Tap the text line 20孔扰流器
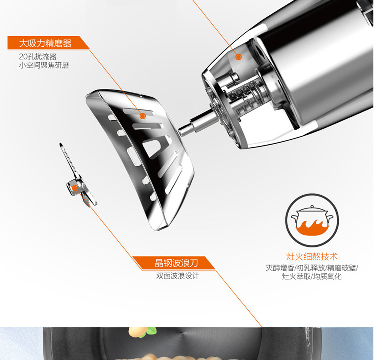click(x=38, y=57)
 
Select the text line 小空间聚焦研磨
click(x=44, y=65)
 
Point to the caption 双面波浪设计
click(x=177, y=276)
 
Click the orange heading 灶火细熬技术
click(x=312, y=257)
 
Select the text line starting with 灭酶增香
click(x=312, y=268)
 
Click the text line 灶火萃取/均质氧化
click(x=312, y=277)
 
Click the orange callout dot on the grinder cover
click(x=143, y=116)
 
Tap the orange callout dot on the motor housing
click(x=238, y=57)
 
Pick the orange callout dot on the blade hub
click(x=75, y=188)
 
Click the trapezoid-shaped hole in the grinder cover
click(x=152, y=148)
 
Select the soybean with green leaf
click(x=141, y=332)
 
